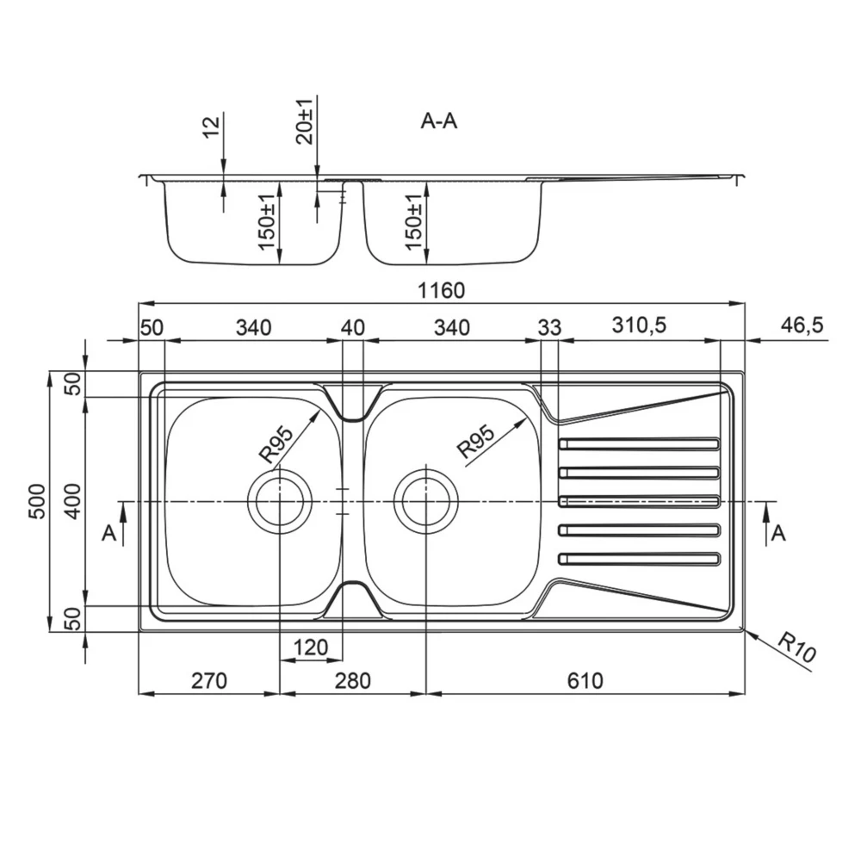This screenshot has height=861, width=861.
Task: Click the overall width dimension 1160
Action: (x=441, y=290)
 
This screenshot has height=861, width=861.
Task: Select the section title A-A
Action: (x=439, y=121)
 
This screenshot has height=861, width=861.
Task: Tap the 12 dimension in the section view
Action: (x=211, y=127)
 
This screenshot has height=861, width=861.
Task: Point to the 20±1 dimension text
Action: (x=304, y=122)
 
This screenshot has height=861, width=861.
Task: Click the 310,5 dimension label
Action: (x=639, y=325)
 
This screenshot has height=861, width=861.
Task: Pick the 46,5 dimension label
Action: (x=802, y=325)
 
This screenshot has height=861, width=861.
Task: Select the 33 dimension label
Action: (x=549, y=328)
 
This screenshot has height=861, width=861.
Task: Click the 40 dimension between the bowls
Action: (x=352, y=328)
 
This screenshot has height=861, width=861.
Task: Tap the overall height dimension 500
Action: (x=37, y=501)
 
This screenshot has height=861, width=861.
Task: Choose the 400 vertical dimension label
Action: (x=73, y=501)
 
